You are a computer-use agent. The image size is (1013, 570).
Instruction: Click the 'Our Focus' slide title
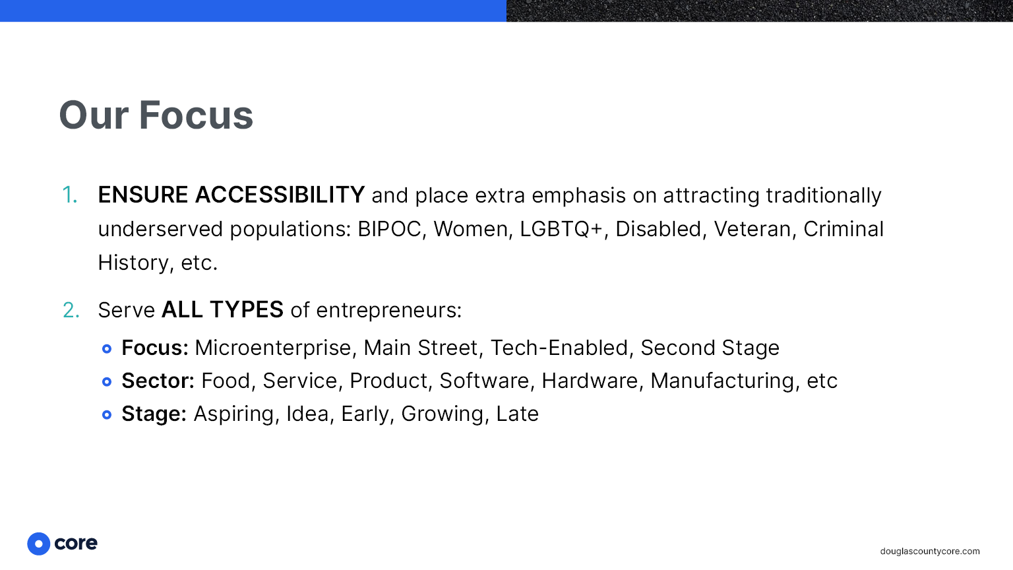coord(156,115)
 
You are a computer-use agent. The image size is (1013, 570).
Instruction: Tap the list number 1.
coord(69,195)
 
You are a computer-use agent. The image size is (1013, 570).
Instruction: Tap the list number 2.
coord(71,310)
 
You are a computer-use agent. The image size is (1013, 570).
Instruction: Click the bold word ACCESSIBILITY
coord(280,195)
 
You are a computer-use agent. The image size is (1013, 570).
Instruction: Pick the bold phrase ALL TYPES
coord(222,310)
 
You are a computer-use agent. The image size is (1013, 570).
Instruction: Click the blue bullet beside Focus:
coord(107,348)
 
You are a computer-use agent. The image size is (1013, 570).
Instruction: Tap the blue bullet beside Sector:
coord(107,382)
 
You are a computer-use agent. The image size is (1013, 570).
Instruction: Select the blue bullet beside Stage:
coord(107,414)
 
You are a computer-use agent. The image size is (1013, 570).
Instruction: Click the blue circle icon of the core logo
coord(39,544)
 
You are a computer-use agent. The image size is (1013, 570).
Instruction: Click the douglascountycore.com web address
coord(930,551)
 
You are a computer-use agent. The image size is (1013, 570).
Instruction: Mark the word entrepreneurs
coord(388,311)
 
